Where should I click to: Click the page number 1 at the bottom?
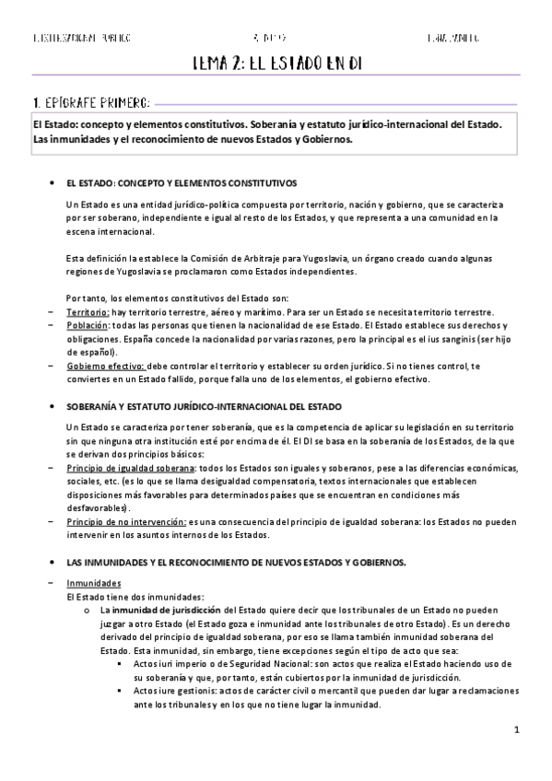pyautogui.click(x=518, y=730)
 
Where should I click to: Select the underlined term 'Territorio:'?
pyautogui.click(x=88, y=312)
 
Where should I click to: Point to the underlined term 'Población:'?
pyautogui.click(x=88, y=326)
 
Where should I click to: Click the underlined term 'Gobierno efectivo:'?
pyautogui.click(x=104, y=367)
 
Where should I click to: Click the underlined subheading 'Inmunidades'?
pyautogui.click(x=94, y=583)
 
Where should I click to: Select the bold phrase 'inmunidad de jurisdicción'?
pyautogui.click(x=167, y=610)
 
